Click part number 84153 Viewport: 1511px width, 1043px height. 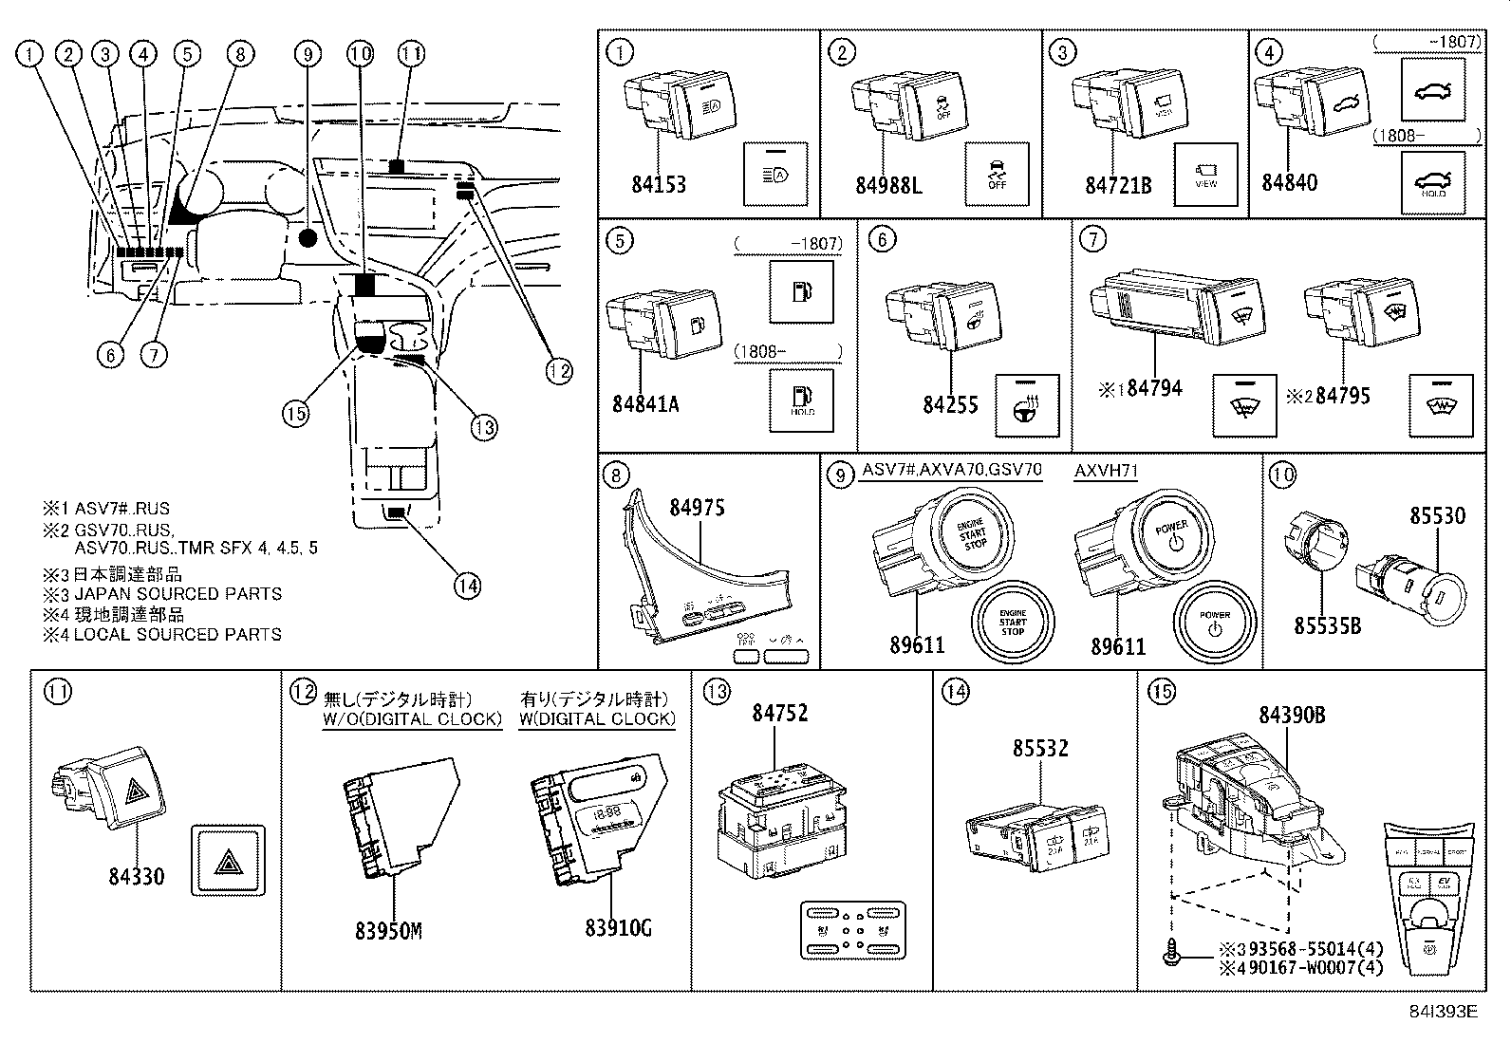(x=659, y=185)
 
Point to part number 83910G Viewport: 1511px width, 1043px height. (x=618, y=928)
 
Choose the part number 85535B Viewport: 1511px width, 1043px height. (x=1328, y=625)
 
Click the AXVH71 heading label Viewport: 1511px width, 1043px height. (x=1106, y=472)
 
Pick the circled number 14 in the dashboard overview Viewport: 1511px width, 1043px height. (x=466, y=586)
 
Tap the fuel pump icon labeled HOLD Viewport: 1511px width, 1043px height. (x=802, y=399)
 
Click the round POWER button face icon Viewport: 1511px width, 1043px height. (x=1216, y=622)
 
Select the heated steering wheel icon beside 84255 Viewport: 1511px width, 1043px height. (x=1027, y=406)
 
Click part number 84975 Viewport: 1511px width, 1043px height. (x=697, y=508)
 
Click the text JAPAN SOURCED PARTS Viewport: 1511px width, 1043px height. (x=177, y=594)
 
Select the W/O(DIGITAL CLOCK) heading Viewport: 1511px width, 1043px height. (x=412, y=719)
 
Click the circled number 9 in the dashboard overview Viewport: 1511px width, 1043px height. (x=306, y=54)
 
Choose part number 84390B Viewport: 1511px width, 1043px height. (x=1292, y=716)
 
